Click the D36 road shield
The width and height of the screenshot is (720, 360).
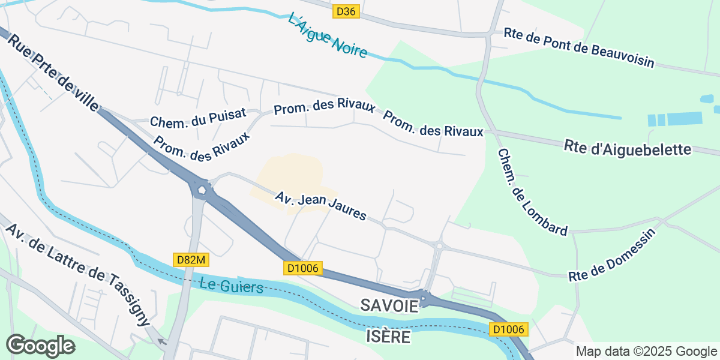[346, 11]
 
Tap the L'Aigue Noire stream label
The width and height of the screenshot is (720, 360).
[327, 35]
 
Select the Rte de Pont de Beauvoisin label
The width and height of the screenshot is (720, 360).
[578, 47]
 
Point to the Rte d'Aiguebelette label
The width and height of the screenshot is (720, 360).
[628, 148]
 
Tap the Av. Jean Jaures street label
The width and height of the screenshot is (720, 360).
[320, 206]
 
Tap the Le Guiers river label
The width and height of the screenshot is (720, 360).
[231, 285]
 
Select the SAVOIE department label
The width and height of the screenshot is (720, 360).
[389, 305]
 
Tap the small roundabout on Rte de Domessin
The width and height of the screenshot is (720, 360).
[440, 245]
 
